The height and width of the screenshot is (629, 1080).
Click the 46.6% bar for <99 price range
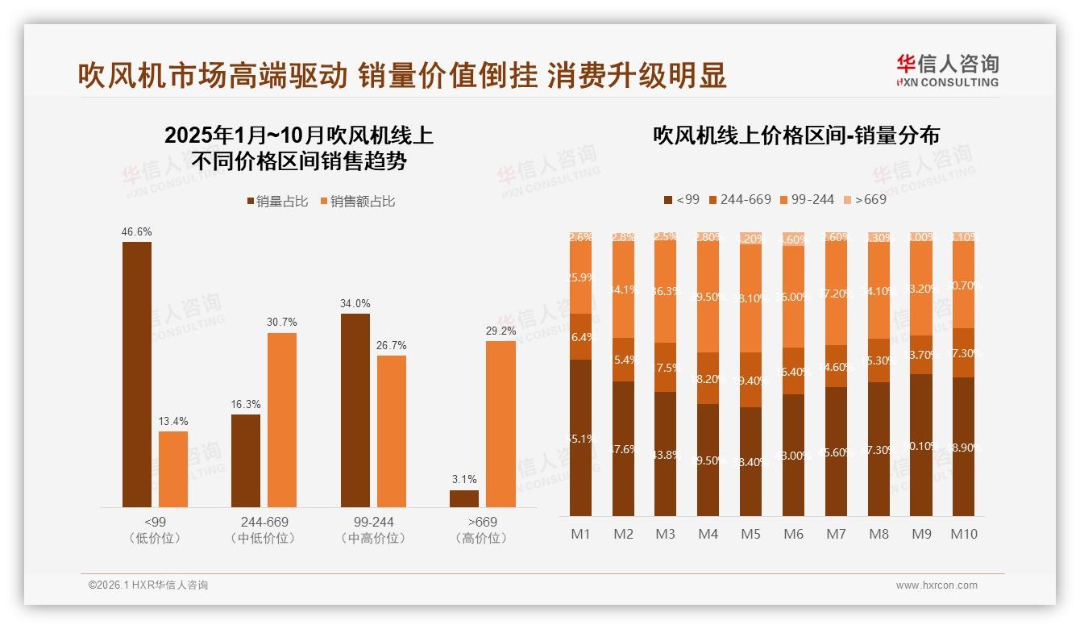pos(137,374)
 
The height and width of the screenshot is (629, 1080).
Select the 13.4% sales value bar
pos(173,469)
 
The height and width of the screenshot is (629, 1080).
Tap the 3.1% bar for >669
pos(464,498)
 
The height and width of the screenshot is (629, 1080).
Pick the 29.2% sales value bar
pos(501,424)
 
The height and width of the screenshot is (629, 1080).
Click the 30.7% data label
pos(281,322)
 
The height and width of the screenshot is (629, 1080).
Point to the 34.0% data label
pos(355,303)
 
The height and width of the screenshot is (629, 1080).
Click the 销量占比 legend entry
pos(276,202)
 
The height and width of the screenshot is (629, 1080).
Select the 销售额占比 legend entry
pos(357,202)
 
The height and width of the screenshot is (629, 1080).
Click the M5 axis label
pos(750,534)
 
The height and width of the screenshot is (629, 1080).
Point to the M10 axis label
pos(963,534)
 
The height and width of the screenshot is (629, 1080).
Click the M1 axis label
pos(580,534)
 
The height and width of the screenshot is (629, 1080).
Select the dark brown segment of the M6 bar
pos(793,455)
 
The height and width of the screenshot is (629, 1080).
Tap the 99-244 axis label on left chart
pos(373,522)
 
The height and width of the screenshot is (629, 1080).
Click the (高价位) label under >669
pos(481,538)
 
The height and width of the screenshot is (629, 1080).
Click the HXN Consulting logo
pos(947,71)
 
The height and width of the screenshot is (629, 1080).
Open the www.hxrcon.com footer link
pos(936,585)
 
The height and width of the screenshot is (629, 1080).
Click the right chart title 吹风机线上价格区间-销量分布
pos(796,135)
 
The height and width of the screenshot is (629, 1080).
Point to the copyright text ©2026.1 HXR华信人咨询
pos(147,585)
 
